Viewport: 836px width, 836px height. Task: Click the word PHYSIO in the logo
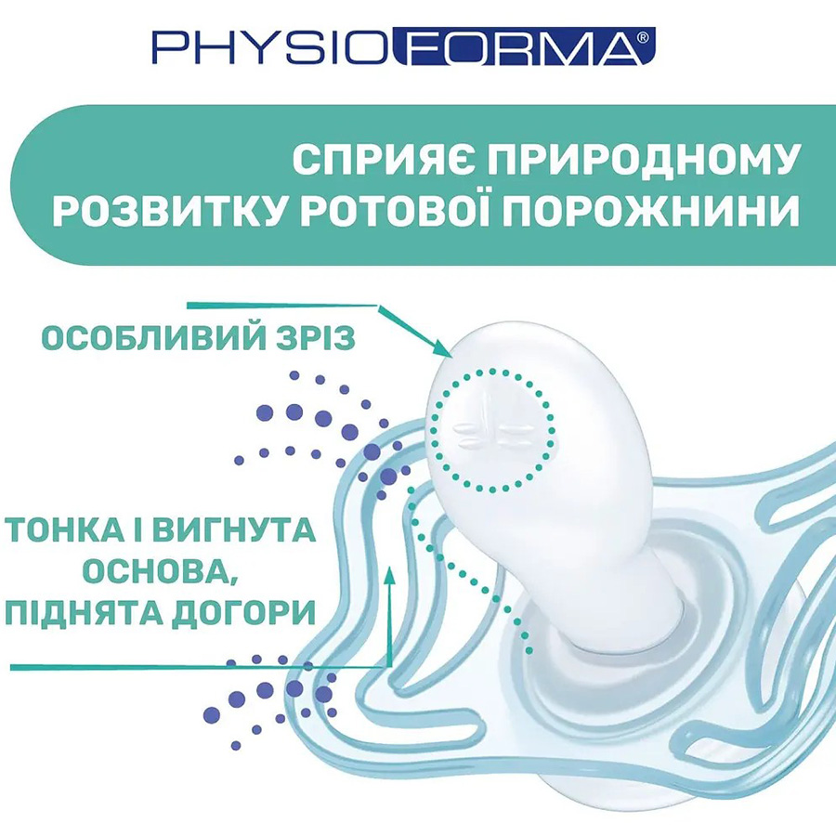(x=271, y=47)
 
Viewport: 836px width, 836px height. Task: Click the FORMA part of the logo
(x=513, y=47)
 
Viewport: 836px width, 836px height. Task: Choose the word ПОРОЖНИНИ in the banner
(x=674, y=212)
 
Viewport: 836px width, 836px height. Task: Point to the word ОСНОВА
(x=158, y=572)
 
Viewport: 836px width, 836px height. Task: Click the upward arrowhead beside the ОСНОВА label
(x=389, y=567)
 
